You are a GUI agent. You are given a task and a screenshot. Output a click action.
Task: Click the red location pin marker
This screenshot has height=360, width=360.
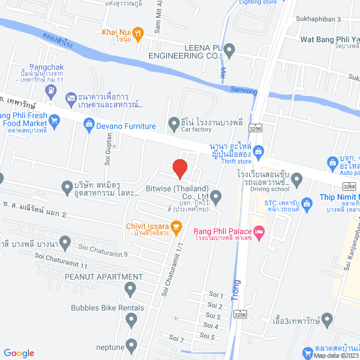click(179, 169)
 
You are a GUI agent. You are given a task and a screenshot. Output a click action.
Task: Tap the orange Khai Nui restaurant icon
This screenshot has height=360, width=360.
click(140, 32)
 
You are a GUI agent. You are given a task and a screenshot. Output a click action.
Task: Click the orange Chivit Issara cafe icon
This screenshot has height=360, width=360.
click(177, 227)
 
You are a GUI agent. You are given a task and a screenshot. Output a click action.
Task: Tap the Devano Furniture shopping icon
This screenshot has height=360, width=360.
click(89, 124)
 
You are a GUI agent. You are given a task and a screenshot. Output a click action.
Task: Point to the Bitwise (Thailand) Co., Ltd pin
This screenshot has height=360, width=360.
click(216, 195)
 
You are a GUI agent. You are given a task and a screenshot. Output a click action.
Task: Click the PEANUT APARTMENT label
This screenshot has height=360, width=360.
click(103, 277)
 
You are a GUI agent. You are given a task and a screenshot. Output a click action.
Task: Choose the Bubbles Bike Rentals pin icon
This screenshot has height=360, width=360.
click(132, 320)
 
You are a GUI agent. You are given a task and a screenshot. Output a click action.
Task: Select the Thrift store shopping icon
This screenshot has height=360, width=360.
click(258, 150)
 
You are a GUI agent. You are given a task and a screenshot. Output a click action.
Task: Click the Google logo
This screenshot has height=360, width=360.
click(19, 353)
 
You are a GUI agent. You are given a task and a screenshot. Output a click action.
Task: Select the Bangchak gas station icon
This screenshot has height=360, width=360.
click(71, 99)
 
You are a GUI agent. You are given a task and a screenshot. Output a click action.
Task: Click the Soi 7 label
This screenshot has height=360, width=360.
click(176, 339)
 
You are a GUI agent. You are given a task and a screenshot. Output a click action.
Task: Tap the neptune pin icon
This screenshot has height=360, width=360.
click(132, 344)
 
